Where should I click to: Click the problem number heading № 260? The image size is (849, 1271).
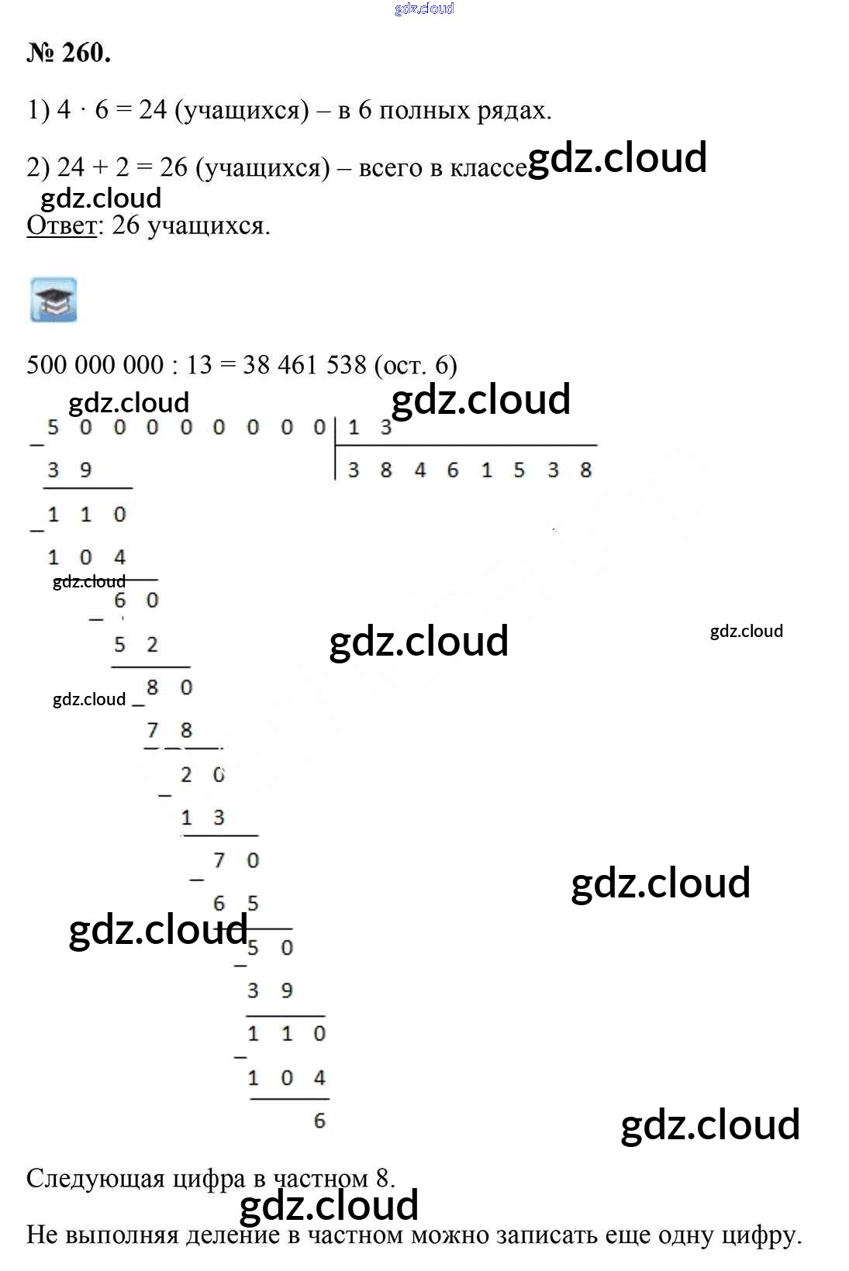(x=69, y=53)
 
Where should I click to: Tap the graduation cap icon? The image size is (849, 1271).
(x=53, y=300)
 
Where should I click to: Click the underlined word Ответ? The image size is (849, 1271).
(x=62, y=226)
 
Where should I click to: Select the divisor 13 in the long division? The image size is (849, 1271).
(x=370, y=426)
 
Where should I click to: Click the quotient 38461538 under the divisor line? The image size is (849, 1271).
(x=469, y=470)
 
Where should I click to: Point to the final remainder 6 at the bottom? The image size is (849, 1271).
(x=319, y=1121)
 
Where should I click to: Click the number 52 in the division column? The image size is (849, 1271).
(x=136, y=644)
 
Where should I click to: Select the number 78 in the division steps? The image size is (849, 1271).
(x=169, y=730)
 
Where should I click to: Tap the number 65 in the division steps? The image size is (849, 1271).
(x=236, y=904)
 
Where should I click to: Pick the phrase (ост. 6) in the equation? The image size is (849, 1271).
(x=416, y=365)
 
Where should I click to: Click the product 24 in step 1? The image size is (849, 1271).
(x=153, y=110)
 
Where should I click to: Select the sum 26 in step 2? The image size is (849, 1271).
(x=174, y=167)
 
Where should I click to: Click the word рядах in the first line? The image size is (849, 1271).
(x=513, y=110)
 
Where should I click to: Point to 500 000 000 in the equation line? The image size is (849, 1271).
(x=95, y=365)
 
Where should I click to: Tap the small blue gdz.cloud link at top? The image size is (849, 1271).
(x=424, y=9)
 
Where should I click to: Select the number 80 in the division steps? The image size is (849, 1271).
(x=169, y=687)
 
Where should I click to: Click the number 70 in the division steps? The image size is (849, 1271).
(x=236, y=860)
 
